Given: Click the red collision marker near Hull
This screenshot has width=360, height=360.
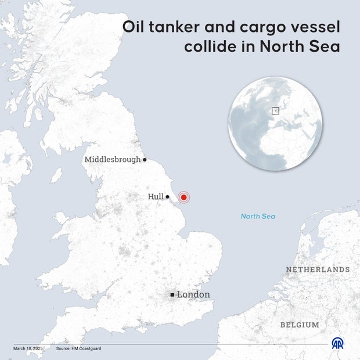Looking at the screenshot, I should pyautogui.click(x=183, y=197).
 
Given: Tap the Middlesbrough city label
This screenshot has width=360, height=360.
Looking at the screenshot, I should pyautogui.click(x=113, y=160).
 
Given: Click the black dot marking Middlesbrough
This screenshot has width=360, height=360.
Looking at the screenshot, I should pyautogui.click(x=145, y=160).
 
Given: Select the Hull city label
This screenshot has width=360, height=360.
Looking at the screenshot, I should pyautogui.click(x=156, y=197).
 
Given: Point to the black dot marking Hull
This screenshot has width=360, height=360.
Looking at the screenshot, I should pyautogui.click(x=168, y=197).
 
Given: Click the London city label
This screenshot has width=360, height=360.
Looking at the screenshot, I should pyautogui.click(x=193, y=294).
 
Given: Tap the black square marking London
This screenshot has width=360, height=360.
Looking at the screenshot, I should pyautogui.click(x=172, y=295).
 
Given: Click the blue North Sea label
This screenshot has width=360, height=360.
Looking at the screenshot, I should pyautogui.click(x=258, y=217).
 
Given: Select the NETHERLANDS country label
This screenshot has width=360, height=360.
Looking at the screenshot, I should pyautogui.click(x=318, y=269).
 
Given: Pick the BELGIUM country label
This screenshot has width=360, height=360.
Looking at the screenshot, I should pyautogui.click(x=300, y=325).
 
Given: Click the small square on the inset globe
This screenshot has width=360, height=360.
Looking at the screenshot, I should pyautogui.click(x=275, y=110).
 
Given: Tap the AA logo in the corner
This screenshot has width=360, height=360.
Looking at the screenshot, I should pyautogui.click(x=337, y=343).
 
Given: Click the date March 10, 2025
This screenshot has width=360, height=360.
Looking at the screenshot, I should pyautogui.click(x=28, y=348).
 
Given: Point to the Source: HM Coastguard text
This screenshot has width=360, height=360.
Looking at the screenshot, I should pyautogui.click(x=78, y=348).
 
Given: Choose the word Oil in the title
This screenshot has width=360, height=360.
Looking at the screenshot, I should pyautogui.click(x=133, y=27).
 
